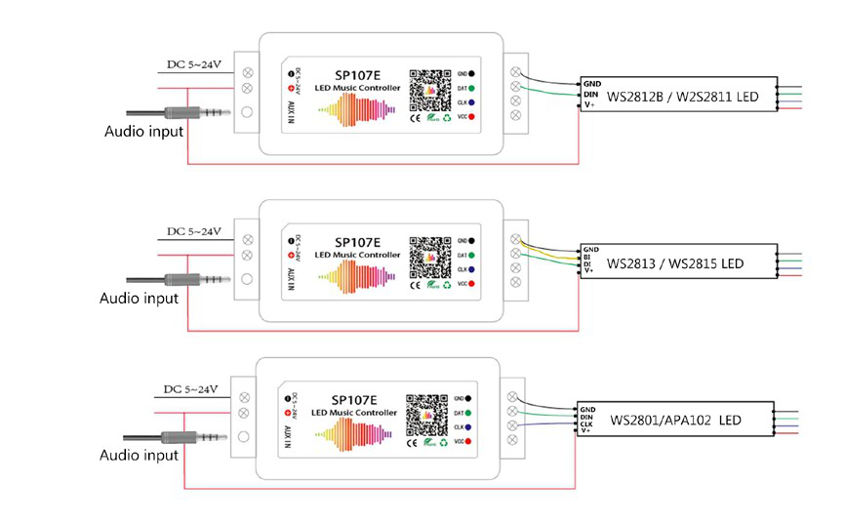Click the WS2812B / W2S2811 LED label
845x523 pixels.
683,97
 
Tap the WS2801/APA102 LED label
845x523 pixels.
674,420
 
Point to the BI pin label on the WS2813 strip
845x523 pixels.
589,257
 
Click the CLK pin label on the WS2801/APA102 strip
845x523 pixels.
588,423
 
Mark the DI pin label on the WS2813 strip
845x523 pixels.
589,263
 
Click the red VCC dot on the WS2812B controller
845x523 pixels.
472,118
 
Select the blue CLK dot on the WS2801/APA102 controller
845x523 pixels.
469,426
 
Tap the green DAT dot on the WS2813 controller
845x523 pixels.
472,253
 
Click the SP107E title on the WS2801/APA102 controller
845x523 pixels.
352,399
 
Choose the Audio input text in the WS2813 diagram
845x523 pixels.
140,298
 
